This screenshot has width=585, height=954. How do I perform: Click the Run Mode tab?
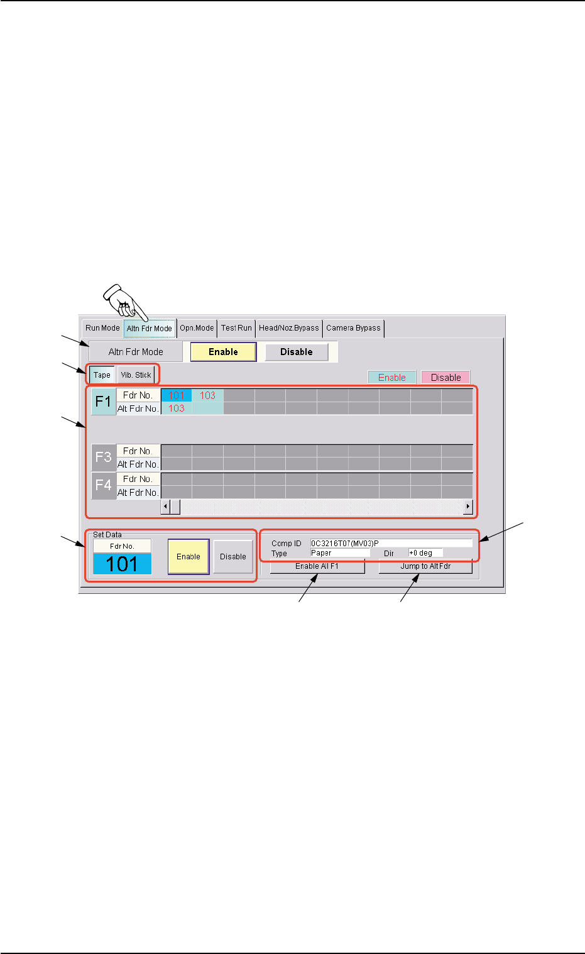[x=102, y=328]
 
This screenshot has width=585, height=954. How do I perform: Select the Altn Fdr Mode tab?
[x=150, y=328]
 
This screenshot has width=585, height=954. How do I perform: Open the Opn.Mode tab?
[x=197, y=328]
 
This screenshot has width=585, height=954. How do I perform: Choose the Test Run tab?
[x=236, y=328]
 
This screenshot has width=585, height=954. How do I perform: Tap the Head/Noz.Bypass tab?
[x=289, y=328]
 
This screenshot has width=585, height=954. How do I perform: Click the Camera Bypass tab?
[x=353, y=328]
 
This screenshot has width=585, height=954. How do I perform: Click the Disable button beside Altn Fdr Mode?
[x=297, y=352]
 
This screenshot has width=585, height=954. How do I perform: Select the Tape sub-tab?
[x=102, y=375]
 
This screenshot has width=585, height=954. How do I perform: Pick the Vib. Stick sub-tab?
[x=136, y=375]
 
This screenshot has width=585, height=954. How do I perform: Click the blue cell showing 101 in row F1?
[x=177, y=395]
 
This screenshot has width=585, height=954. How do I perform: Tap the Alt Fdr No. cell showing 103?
[x=177, y=408]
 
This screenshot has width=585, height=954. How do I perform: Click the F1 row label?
[x=103, y=402]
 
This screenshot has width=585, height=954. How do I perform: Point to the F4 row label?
[x=103, y=486]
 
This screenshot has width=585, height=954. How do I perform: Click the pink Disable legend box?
[x=446, y=378]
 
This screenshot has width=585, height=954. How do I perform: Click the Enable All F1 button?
[x=317, y=566]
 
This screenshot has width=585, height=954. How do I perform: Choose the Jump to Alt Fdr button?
[x=425, y=566]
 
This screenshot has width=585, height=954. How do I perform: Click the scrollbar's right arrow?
[x=467, y=507]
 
